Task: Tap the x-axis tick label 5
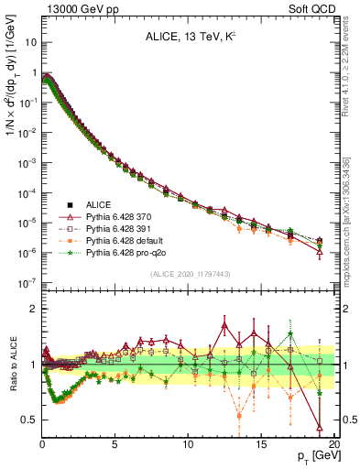coord(115,443)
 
